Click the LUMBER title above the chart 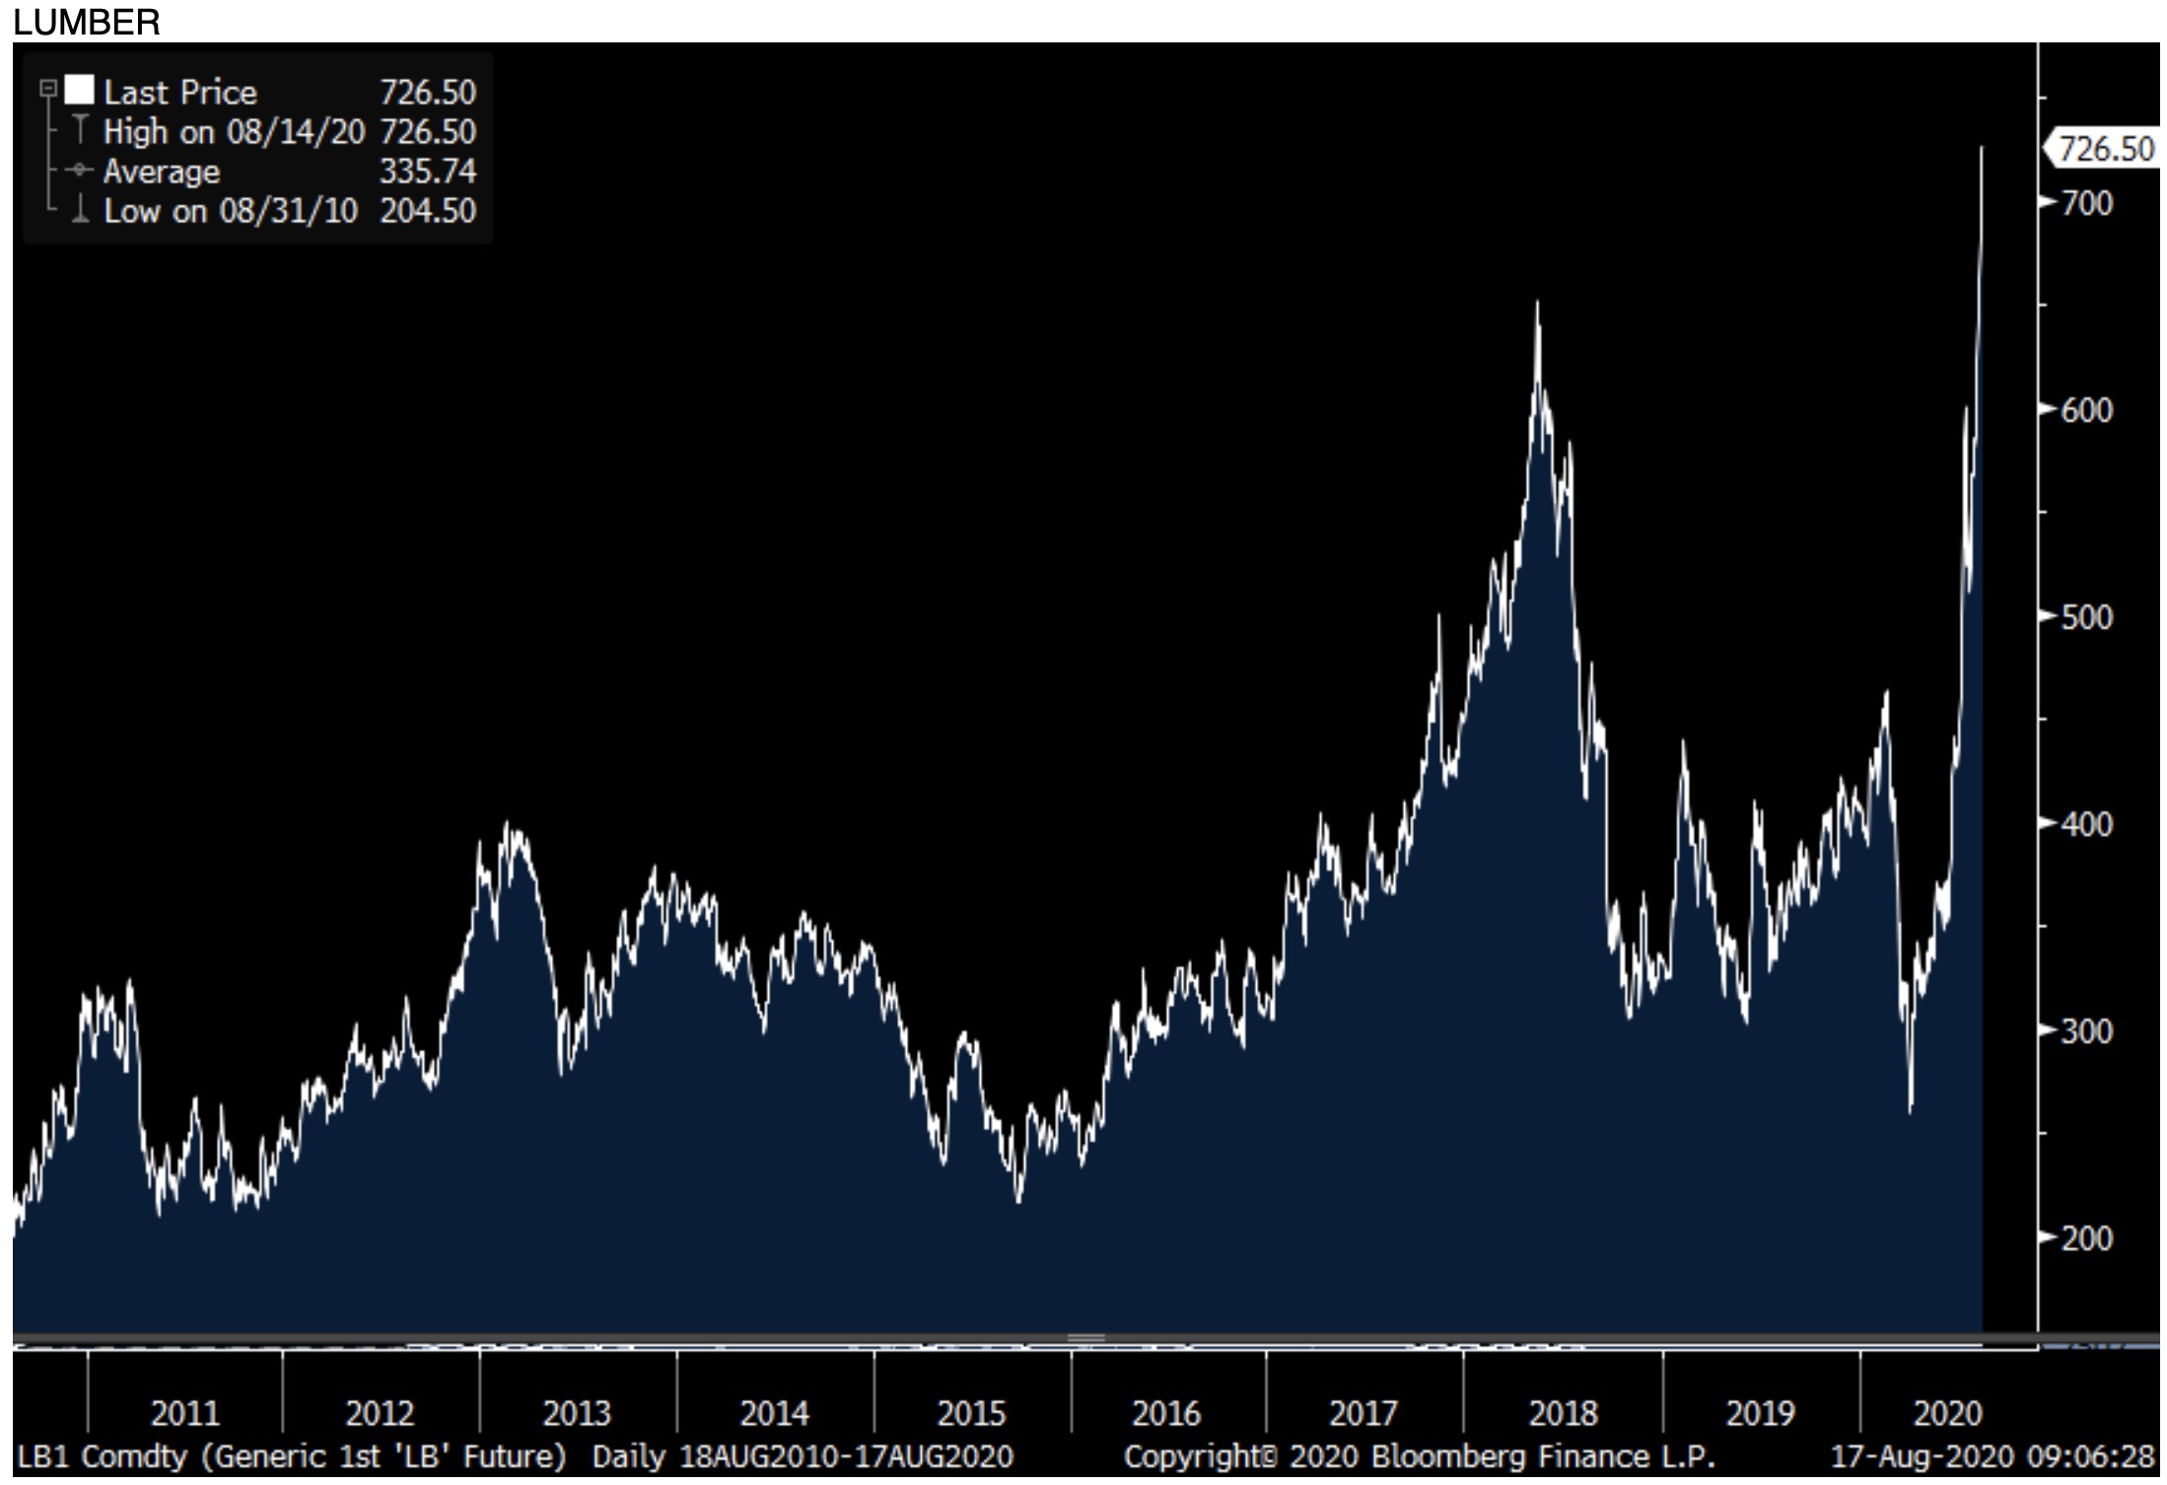click(x=87, y=22)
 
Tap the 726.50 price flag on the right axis click(x=2105, y=149)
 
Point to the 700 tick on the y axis click(x=2086, y=203)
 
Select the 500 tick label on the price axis click(x=2086, y=618)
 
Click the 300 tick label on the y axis click(x=2086, y=1031)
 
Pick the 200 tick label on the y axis click(x=2086, y=1238)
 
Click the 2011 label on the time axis click(x=184, y=1414)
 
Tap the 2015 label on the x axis click(x=971, y=1414)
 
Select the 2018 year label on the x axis click(x=1563, y=1414)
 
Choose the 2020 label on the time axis click(x=1947, y=1414)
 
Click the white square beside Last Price click(x=79, y=91)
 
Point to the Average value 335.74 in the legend click(x=428, y=172)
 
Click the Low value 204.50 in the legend click(x=428, y=211)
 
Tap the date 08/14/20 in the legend click(x=296, y=132)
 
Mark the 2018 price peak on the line click(x=1537, y=303)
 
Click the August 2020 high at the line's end click(x=1982, y=148)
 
